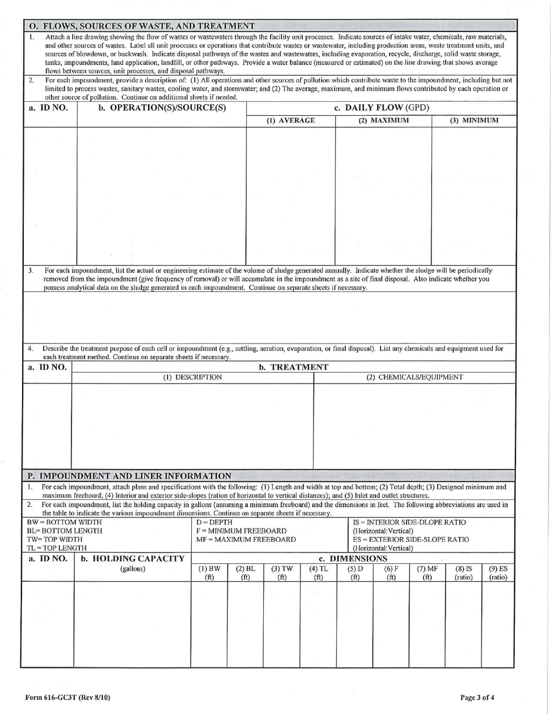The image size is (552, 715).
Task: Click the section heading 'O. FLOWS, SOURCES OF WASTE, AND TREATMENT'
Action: (142, 26)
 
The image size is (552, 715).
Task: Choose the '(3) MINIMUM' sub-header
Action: (474, 121)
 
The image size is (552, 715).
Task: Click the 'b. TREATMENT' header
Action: (293, 367)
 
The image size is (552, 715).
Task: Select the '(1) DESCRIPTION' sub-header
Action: (192, 377)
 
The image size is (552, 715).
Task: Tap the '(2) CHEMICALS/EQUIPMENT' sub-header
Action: (414, 377)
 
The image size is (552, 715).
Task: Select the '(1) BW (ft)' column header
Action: (209, 573)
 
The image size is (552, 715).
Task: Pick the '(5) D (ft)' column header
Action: (354, 573)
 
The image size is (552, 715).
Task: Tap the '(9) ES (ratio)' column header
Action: (498, 573)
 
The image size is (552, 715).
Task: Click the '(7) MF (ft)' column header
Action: (427, 573)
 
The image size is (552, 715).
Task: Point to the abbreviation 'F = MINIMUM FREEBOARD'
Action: (233, 531)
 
